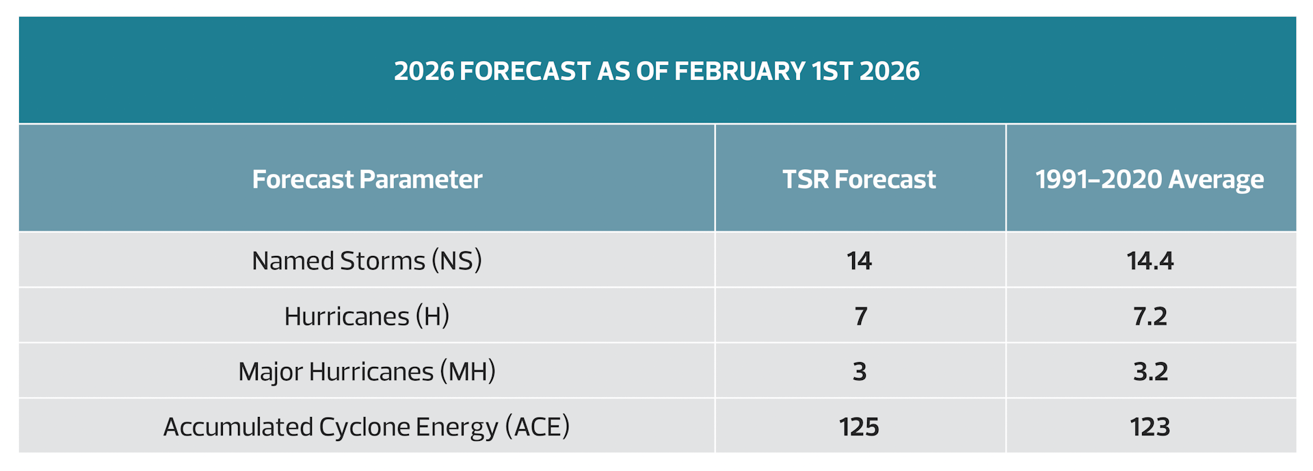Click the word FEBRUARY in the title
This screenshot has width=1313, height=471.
[740, 71]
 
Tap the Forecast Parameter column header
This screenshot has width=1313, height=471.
[367, 179]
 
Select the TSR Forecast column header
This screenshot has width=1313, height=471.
[859, 179]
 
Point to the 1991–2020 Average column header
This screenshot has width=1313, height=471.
[1150, 180]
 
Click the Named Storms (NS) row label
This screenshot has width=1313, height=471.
[367, 261]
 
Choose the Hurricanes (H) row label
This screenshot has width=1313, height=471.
[367, 316]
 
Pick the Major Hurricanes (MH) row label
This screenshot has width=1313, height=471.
[367, 372]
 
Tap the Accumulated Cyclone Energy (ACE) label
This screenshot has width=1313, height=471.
[367, 427]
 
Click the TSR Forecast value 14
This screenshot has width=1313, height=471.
[859, 261]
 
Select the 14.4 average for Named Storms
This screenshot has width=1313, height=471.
[1150, 261]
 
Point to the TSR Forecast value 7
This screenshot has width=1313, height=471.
[860, 316]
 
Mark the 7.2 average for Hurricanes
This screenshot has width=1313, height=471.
[1150, 316]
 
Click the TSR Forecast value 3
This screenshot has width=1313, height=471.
[860, 372]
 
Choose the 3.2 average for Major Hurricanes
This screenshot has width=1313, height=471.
[1150, 372]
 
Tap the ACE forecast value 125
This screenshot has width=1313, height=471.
[859, 427]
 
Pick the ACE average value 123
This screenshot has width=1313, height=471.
[1150, 427]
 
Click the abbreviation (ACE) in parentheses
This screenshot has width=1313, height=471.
[538, 427]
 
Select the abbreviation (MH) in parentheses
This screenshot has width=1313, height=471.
[468, 372]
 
